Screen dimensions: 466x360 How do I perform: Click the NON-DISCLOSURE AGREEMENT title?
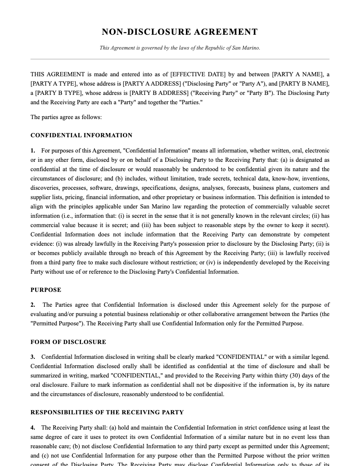tap(180, 32)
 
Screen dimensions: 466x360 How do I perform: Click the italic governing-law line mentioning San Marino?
tap(180, 48)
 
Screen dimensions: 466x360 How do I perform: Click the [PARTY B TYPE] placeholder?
tap(55, 93)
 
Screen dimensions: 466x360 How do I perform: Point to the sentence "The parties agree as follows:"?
tap(66, 117)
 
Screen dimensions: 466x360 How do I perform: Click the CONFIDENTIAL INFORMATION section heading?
tap(81, 136)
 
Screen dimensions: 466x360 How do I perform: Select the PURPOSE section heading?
tap(46, 290)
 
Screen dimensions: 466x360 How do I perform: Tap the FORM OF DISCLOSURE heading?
tap(68, 342)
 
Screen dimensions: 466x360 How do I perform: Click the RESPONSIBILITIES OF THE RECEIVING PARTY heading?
tap(107, 412)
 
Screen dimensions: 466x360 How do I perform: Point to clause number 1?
tap(33, 151)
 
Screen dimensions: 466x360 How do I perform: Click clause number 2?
tap(33, 305)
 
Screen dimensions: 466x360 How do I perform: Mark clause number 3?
tap(33, 357)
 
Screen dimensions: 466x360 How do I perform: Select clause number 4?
tap(33, 428)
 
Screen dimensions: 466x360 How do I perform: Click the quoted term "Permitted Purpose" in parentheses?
tap(56, 324)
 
